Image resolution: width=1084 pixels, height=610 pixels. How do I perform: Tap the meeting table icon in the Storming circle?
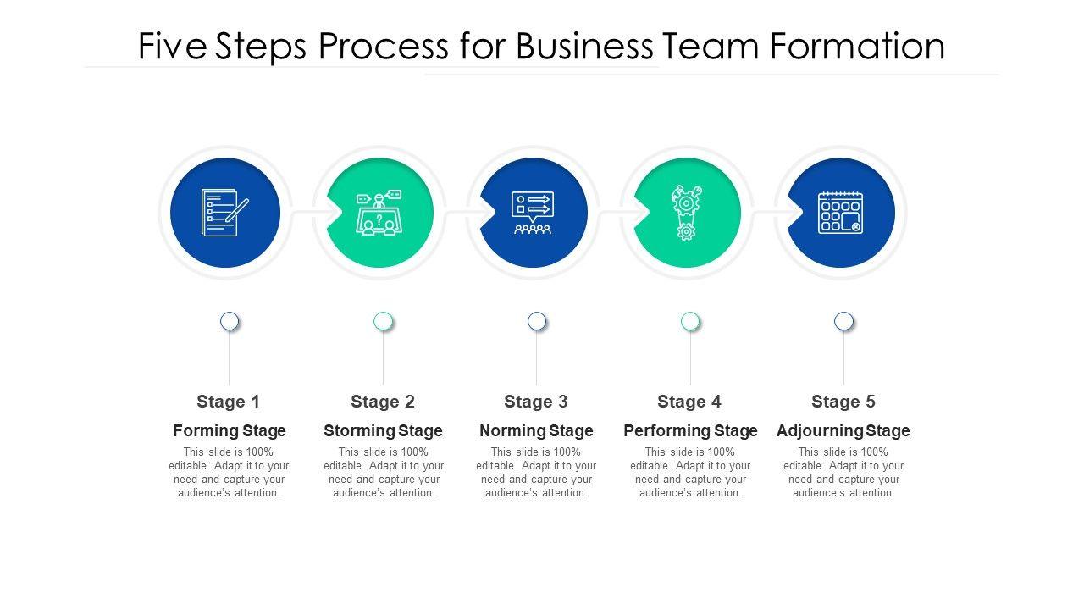[x=379, y=213]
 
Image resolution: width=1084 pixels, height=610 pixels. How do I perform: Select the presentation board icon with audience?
[x=532, y=213]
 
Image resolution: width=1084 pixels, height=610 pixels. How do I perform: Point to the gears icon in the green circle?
[x=687, y=213]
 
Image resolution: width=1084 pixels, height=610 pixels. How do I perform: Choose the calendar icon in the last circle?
[x=840, y=213]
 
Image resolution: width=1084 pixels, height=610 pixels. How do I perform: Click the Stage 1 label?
[x=229, y=402]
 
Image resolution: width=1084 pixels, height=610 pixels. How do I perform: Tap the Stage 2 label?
[x=383, y=402]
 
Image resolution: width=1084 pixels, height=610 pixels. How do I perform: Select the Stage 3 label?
[x=536, y=402]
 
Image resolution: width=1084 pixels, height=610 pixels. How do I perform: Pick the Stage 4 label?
[x=689, y=402]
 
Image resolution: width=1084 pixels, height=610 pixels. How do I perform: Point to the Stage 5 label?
[x=843, y=402]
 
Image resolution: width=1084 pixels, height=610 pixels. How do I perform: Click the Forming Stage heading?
[x=230, y=430]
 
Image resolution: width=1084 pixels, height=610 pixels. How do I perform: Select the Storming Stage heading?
[x=383, y=430]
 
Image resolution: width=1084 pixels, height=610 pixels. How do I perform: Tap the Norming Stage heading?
[x=536, y=430]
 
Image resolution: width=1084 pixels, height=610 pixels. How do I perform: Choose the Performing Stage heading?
[x=690, y=430]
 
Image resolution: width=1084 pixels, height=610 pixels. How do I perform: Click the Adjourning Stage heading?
[x=843, y=430]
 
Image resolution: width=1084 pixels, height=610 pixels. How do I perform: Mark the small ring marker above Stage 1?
[x=230, y=321]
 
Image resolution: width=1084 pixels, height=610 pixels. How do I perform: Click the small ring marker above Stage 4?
[x=690, y=321]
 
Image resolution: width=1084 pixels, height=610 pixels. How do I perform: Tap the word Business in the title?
[x=584, y=47]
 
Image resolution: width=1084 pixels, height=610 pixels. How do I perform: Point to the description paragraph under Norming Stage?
[x=536, y=473]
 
